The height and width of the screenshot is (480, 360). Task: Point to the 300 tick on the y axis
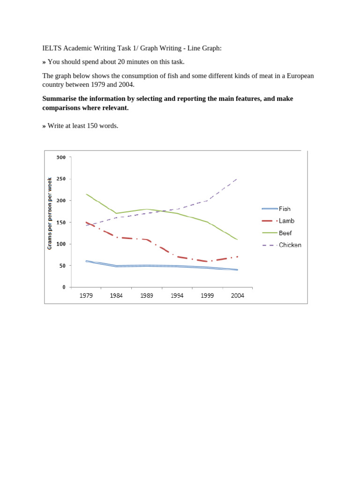[61, 157]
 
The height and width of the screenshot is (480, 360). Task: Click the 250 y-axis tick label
[61, 179]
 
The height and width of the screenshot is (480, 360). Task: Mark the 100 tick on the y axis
[61, 244]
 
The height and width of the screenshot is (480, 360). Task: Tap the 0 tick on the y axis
[64, 287]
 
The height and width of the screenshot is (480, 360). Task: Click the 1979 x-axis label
[86, 296]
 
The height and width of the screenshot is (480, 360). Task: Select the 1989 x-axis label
[147, 296]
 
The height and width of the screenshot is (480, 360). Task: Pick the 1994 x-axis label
[177, 296]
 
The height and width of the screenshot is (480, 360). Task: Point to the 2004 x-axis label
[238, 296]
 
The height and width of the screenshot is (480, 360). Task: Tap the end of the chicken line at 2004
[237, 179]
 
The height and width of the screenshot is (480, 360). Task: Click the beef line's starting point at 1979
[86, 194]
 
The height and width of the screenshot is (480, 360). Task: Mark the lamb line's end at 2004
[237, 257]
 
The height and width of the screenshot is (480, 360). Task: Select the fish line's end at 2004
[237, 270]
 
